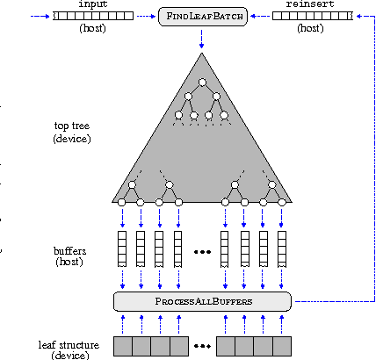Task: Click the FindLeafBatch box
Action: pyautogui.click(x=201, y=17)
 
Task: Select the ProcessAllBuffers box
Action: pyautogui.click(x=202, y=301)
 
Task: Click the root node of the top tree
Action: pyautogui.click(x=202, y=83)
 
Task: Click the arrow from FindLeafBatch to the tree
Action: pyautogui.click(x=201, y=37)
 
